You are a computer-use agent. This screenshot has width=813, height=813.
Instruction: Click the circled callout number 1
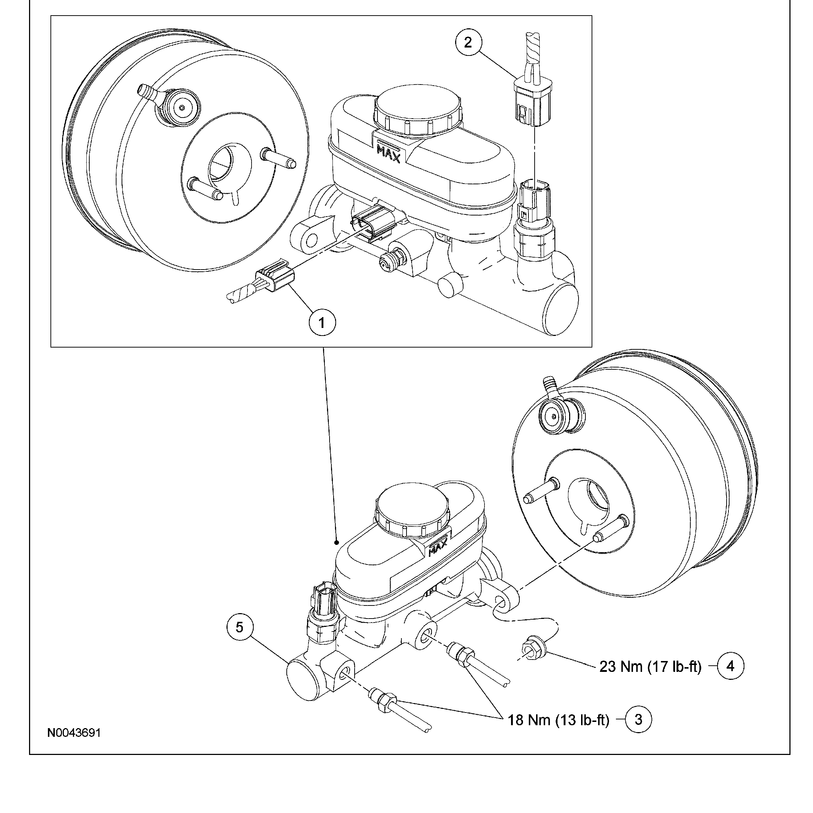[322, 323]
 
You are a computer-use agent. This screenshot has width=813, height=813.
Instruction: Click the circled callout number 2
[468, 42]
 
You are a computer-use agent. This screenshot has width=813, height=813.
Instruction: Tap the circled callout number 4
[731, 666]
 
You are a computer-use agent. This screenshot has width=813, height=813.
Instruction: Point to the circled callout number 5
[239, 627]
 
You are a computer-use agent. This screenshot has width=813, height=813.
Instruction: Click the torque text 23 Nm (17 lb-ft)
[650, 666]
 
